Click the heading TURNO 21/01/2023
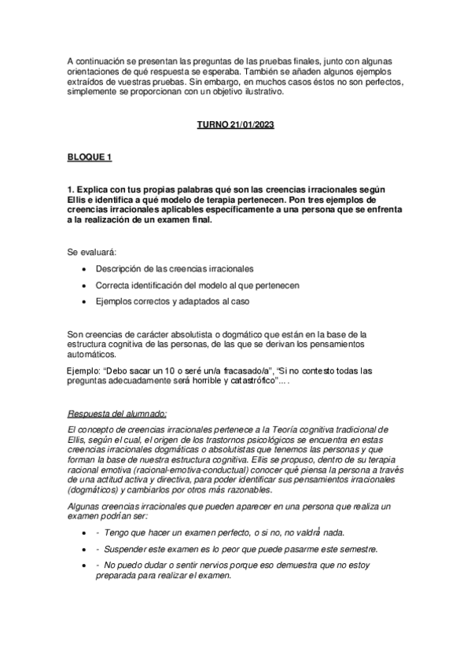coord(235,124)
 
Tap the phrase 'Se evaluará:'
coord(92,252)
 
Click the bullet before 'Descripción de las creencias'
coord(84,270)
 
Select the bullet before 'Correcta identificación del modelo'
coord(84,286)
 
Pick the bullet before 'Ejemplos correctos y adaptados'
coord(84,301)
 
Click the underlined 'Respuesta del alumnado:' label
coord(117,413)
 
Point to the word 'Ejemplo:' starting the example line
coord(88,370)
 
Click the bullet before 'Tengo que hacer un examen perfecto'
coord(84,532)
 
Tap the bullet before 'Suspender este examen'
coord(84,548)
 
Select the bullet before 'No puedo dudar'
coord(84,565)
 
